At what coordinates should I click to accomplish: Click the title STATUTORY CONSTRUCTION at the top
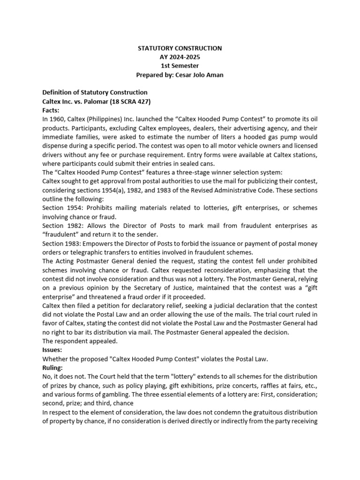pyautogui.click(x=180, y=48)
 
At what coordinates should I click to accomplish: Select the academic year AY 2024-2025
pyautogui.click(x=180, y=57)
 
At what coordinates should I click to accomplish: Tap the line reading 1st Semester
pyautogui.click(x=180, y=66)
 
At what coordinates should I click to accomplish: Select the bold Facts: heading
pyautogui.click(x=51, y=110)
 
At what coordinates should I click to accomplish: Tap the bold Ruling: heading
pyautogui.click(x=54, y=368)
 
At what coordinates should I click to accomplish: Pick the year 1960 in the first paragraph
pyautogui.click(x=57, y=119)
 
